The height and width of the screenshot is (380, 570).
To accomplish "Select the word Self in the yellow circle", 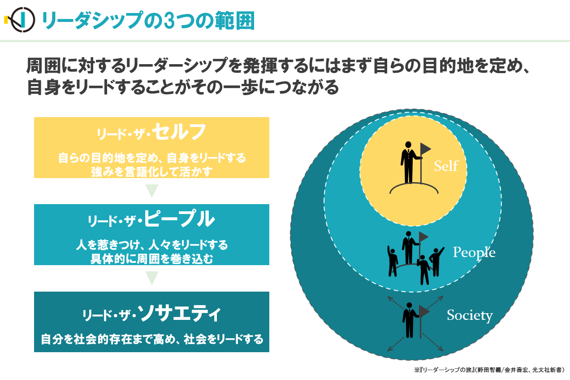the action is pos(446,166).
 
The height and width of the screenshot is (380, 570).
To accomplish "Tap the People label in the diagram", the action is pos(474,253).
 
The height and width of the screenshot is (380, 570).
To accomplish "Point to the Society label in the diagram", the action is pos(470,316).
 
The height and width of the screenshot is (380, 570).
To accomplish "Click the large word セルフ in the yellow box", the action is pos(179,131).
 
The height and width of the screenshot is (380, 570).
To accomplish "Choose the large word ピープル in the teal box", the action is pos(179,218).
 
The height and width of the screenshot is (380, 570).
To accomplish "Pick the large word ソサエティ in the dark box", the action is pos(179,314).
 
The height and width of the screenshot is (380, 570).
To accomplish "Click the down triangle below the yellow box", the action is pos(152,191).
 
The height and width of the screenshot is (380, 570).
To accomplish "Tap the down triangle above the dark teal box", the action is pos(152,278).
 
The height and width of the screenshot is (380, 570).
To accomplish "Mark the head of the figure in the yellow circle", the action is pos(408,144).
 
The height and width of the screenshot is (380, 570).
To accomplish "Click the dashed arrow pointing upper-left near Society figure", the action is pos(396,303).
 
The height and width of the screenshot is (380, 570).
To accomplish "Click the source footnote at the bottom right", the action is pos(489,370).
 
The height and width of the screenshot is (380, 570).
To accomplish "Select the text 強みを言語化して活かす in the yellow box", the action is pos(151,171).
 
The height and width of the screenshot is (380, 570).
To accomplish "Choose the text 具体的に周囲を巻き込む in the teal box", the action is pos(151,259).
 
